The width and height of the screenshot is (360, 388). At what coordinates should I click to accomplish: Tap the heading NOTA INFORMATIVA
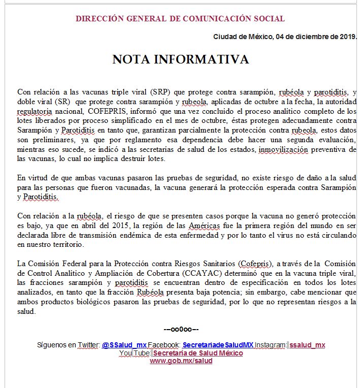(x=180, y=59)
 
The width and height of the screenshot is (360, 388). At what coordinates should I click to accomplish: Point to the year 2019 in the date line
(x=347, y=37)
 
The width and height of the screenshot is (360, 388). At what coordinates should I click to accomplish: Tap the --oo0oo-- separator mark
(x=181, y=329)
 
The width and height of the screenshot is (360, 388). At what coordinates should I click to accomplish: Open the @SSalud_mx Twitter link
(x=124, y=345)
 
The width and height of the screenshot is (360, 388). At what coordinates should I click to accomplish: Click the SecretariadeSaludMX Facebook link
(x=218, y=345)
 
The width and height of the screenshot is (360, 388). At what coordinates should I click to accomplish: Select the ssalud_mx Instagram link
(x=307, y=345)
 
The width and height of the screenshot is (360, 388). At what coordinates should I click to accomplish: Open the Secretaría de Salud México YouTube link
(x=198, y=353)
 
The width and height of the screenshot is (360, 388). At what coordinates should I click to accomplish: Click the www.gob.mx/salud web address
(x=181, y=361)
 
